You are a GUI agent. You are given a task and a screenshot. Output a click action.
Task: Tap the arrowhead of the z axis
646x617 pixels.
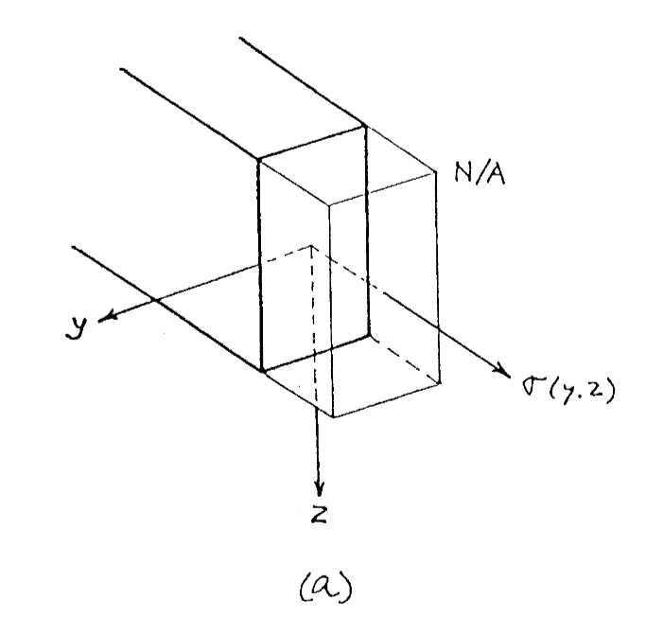tap(320, 492)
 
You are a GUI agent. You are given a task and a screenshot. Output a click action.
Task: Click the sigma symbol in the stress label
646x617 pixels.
tap(527, 386)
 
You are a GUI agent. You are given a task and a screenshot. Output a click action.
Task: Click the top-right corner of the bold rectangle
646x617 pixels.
tap(365, 125)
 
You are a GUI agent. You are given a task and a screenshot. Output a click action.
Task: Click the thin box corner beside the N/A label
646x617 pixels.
tap(436, 171)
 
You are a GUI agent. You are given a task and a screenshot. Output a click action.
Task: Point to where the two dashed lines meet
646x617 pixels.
tap(313, 246)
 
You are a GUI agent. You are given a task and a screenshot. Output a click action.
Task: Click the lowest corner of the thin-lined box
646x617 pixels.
tap(330, 416)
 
